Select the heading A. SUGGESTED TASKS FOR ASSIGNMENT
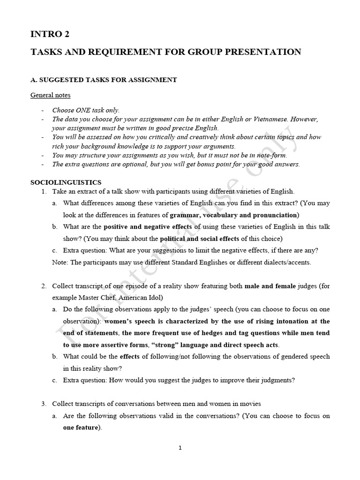point(104,80)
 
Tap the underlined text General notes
point(51,95)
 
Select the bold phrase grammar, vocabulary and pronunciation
point(233,215)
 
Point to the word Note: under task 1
point(60,262)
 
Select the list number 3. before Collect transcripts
point(44,404)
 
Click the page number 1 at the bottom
point(180,448)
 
